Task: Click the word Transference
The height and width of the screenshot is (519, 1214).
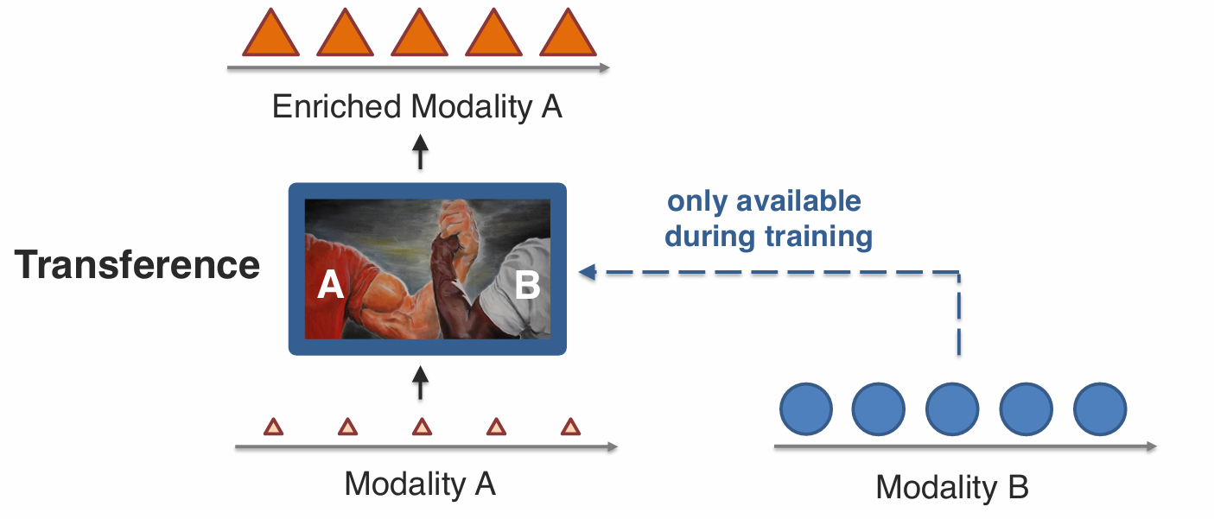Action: coord(137,265)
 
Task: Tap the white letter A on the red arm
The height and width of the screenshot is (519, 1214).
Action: coord(331,284)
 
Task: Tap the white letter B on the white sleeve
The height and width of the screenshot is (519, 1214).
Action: coord(527,284)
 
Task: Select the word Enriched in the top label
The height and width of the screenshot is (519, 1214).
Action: coord(336,107)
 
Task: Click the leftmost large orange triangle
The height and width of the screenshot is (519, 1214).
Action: coord(270,35)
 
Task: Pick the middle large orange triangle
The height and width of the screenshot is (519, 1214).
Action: coord(418,35)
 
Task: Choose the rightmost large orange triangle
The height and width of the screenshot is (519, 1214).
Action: coord(568,35)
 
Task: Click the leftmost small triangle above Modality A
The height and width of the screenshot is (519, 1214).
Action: coord(273,427)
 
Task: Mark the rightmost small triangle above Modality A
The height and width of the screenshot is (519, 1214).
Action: coord(570,427)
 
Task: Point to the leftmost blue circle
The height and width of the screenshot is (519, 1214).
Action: coord(805,409)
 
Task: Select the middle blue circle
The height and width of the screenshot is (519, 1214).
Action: coord(952,409)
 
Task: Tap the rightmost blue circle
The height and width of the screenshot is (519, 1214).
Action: coord(1100,409)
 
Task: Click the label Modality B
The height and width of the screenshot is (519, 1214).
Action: coord(951,488)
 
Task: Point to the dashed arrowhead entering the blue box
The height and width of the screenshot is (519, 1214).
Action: coord(588,272)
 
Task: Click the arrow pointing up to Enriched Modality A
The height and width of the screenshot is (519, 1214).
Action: coord(420,152)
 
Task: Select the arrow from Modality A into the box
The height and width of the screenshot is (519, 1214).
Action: coord(420,382)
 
